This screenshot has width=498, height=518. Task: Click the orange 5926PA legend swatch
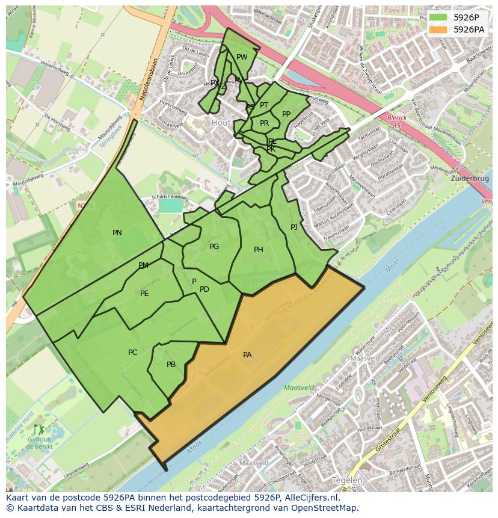pos(438,29)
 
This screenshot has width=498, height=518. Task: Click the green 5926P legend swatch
pos(438,17)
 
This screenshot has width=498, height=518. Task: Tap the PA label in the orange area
pos(247,355)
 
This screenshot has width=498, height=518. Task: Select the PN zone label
pos(117,233)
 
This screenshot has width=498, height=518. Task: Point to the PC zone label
pos(133,353)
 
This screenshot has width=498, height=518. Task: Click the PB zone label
pos(171,365)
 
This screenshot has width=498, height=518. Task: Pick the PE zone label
pos(144,294)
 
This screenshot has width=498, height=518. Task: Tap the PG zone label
pos(214,247)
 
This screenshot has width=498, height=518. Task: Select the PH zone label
pos(259,250)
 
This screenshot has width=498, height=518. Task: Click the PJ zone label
pos(294,227)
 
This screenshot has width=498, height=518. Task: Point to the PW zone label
pos(242,58)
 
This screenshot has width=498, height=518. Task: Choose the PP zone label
pos(286,114)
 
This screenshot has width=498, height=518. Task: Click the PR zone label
pos(264,123)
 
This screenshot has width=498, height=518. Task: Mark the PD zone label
pos(204,289)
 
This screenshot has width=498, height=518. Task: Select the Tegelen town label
pos(347,480)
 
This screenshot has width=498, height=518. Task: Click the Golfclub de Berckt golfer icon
pos(40,430)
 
